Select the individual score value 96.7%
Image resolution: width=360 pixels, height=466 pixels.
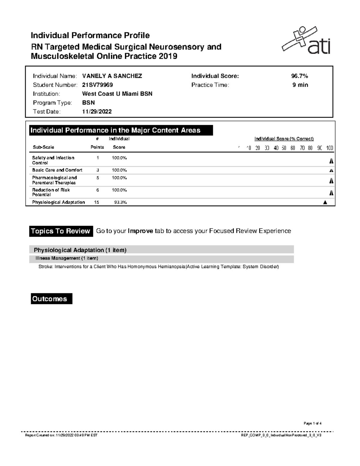pyautogui.click(x=297, y=76)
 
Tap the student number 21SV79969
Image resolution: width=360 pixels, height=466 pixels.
pyautogui.click(x=97, y=85)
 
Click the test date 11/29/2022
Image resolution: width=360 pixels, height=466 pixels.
pyautogui.click(x=97, y=112)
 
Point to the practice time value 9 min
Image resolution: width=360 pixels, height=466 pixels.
pyautogui.click(x=300, y=85)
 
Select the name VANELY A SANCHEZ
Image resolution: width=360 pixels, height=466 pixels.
pyautogui.click(x=112, y=76)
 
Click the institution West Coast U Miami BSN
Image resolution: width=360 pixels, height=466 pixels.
pyautogui.click(x=117, y=94)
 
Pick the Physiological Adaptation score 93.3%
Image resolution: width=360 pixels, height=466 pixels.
pyautogui.click(x=120, y=203)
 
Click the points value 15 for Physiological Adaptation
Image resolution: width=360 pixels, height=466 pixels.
pyautogui.click(x=97, y=203)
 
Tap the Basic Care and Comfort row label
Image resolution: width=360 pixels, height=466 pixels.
pyautogui.click(x=57, y=170)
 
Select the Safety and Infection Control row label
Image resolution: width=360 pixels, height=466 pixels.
pyautogui.click(x=53, y=160)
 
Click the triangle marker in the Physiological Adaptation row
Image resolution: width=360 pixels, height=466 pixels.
pyautogui.click(x=325, y=203)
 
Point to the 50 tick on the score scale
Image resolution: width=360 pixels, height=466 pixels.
pyautogui.click(x=284, y=148)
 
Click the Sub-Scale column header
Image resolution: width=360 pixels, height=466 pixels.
pyautogui.click(x=43, y=147)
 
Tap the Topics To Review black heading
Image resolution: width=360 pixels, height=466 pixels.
pyautogui.click(x=61, y=231)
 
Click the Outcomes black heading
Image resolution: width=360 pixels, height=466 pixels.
pyautogui.click(x=51, y=299)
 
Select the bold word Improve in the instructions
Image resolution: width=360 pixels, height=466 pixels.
pyautogui.click(x=140, y=231)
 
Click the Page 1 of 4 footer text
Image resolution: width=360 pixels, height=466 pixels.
pyautogui.click(x=312, y=423)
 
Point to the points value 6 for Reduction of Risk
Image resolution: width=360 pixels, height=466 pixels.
pyautogui.click(x=97, y=190)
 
